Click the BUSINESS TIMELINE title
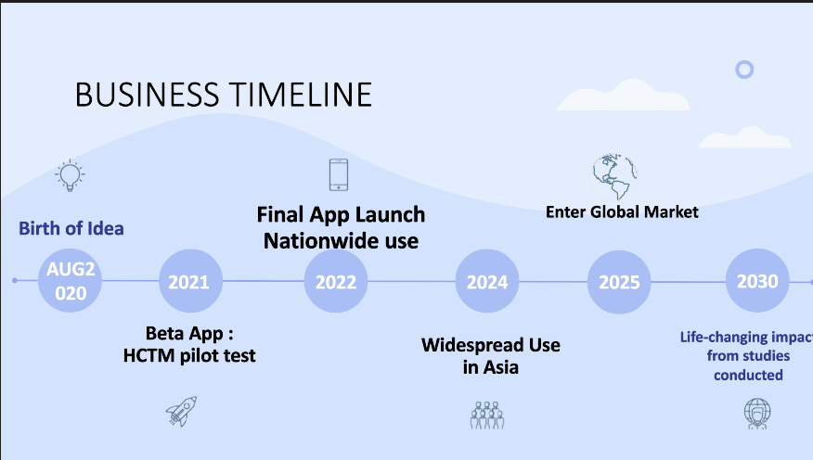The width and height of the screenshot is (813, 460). tap(223, 95)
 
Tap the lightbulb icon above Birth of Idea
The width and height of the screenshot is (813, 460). tap(70, 173)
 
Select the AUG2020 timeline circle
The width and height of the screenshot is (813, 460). tap(70, 281)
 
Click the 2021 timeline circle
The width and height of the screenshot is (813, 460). tap(190, 281)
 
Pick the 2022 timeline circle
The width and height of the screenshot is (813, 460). tap(336, 281)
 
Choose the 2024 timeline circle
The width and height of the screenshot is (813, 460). tap(486, 281)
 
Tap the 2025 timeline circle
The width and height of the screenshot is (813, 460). tap(619, 281)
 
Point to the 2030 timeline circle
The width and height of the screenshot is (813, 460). tap(757, 280)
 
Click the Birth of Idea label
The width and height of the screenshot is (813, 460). tap(71, 228)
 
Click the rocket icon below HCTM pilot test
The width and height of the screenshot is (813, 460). tap(182, 411)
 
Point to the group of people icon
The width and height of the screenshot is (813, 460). tap(486, 414)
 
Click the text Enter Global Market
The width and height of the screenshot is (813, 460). tap(622, 212)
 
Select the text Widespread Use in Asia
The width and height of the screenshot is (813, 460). tap(490, 356)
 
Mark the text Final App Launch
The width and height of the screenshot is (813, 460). tap(341, 215)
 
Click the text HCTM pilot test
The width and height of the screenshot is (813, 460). tap(189, 354)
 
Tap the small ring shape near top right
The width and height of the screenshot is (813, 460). tap(743, 69)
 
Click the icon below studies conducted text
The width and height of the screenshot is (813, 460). tap(756, 413)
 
